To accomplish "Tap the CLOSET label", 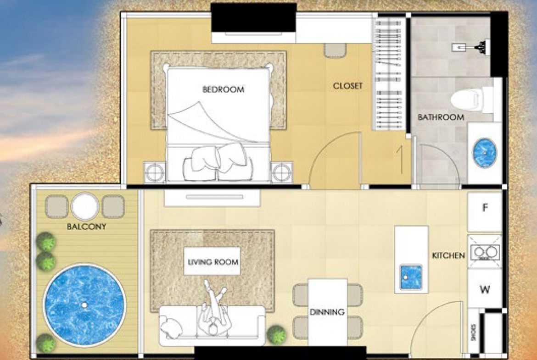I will pyautogui.click(x=347, y=86).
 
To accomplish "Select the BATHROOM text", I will pyautogui.click(x=441, y=117).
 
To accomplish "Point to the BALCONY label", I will pyautogui.click(x=86, y=227).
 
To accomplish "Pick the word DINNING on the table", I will pyautogui.click(x=327, y=312).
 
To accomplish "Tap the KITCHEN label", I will pyautogui.click(x=448, y=255).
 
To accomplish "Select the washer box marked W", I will pyautogui.click(x=485, y=289).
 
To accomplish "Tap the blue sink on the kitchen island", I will pyautogui.click(x=411, y=277).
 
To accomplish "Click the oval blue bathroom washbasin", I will pyautogui.click(x=485, y=150).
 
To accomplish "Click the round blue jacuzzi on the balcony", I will pyautogui.click(x=84, y=305).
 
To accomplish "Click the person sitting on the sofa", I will pyautogui.click(x=215, y=316).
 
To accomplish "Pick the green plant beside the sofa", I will pyautogui.click(x=277, y=334).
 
